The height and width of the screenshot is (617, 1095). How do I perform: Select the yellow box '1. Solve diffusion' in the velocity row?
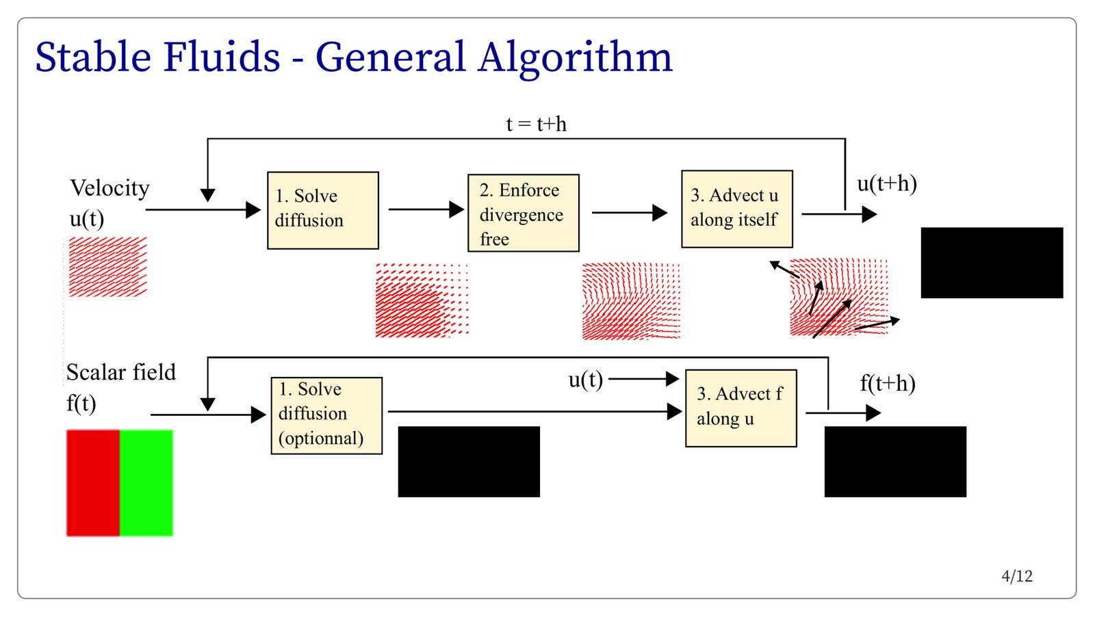322,211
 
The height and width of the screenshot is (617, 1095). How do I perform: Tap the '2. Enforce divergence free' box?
524,213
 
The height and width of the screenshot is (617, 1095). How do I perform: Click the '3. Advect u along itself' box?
737,209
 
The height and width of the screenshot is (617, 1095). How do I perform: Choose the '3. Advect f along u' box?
741,408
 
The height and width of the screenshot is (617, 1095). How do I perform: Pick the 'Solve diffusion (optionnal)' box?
326,416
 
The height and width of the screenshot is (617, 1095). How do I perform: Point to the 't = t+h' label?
537,124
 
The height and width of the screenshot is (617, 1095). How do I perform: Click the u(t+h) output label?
887,184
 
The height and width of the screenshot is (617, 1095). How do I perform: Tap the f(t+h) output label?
888,384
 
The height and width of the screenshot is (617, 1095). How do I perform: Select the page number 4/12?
1017,577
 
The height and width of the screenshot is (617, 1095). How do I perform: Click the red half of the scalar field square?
93,483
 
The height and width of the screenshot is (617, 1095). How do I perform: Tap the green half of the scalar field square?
146,483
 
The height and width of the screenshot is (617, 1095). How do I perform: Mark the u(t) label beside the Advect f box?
586,380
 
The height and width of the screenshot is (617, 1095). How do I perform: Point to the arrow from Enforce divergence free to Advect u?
630,213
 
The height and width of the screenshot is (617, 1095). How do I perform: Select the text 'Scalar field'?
120,372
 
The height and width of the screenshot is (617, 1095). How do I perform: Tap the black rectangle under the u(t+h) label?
992,263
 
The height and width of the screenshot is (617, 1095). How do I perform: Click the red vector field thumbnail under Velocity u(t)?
108,267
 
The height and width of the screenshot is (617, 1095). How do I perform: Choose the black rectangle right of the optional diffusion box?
469,462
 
